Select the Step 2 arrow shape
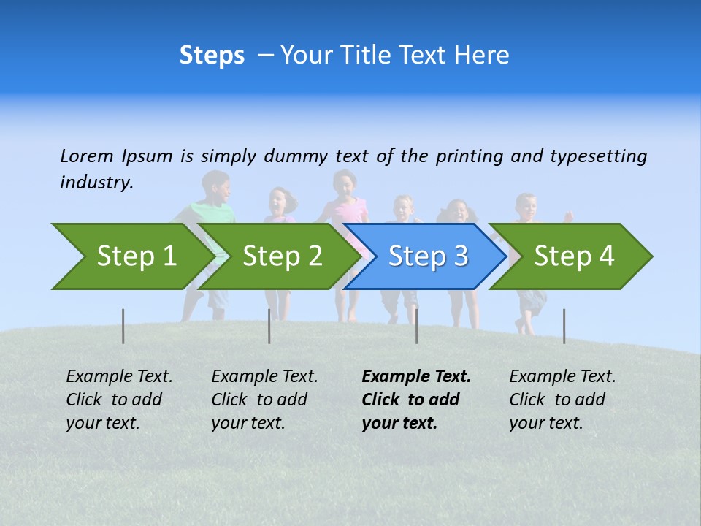(281, 256)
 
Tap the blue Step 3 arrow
(427, 256)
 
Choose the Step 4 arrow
(573, 256)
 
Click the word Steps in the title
(212, 56)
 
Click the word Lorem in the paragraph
(86, 156)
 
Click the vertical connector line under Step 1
(123, 326)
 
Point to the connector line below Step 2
(269, 326)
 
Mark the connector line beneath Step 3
(416, 326)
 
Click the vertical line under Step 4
(564, 326)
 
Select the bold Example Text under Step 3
(415, 377)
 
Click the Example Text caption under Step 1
(119, 377)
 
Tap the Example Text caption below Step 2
(264, 377)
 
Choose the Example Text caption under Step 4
(562, 377)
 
